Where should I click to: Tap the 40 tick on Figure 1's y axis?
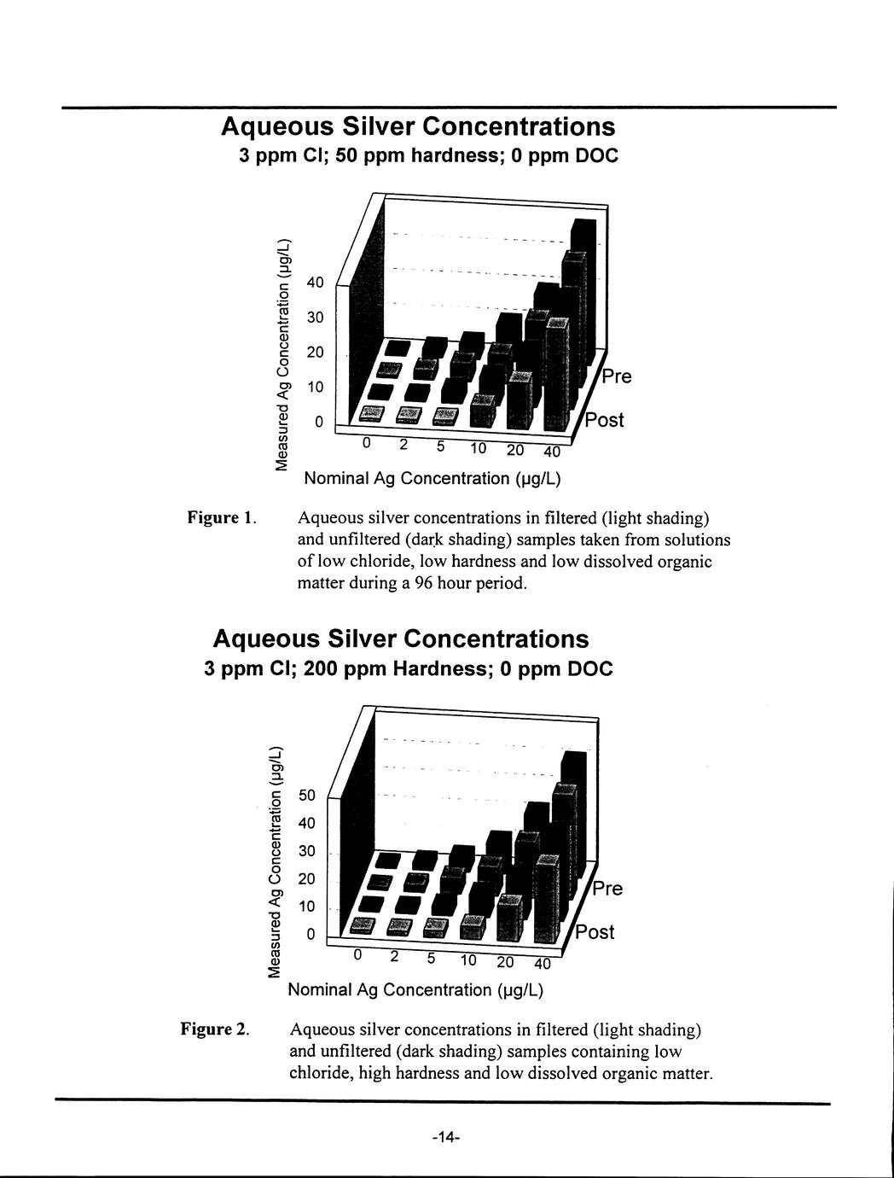tap(316, 283)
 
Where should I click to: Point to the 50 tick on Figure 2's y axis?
tap(307, 796)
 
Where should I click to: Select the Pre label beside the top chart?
tap(616, 376)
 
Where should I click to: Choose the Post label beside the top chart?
tap(604, 420)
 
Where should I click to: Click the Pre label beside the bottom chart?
tap(607, 889)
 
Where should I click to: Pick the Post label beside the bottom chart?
tap(595, 931)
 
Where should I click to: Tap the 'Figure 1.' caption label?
tap(218, 518)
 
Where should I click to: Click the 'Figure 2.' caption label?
tap(214, 1029)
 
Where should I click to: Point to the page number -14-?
tap(445, 1138)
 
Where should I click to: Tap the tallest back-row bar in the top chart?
tap(584, 290)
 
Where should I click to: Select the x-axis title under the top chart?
tap(432, 478)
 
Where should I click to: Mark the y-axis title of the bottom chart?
tap(275, 861)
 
